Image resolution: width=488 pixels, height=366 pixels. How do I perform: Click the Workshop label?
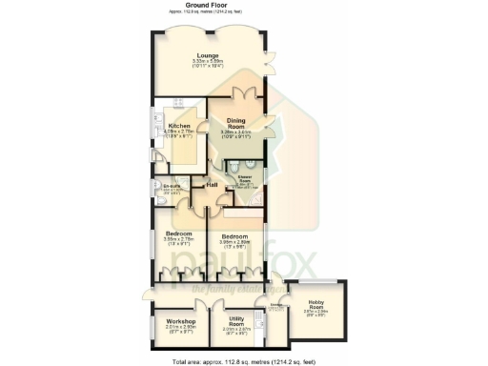(180, 321)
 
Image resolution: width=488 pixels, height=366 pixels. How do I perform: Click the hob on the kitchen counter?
(177, 105)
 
